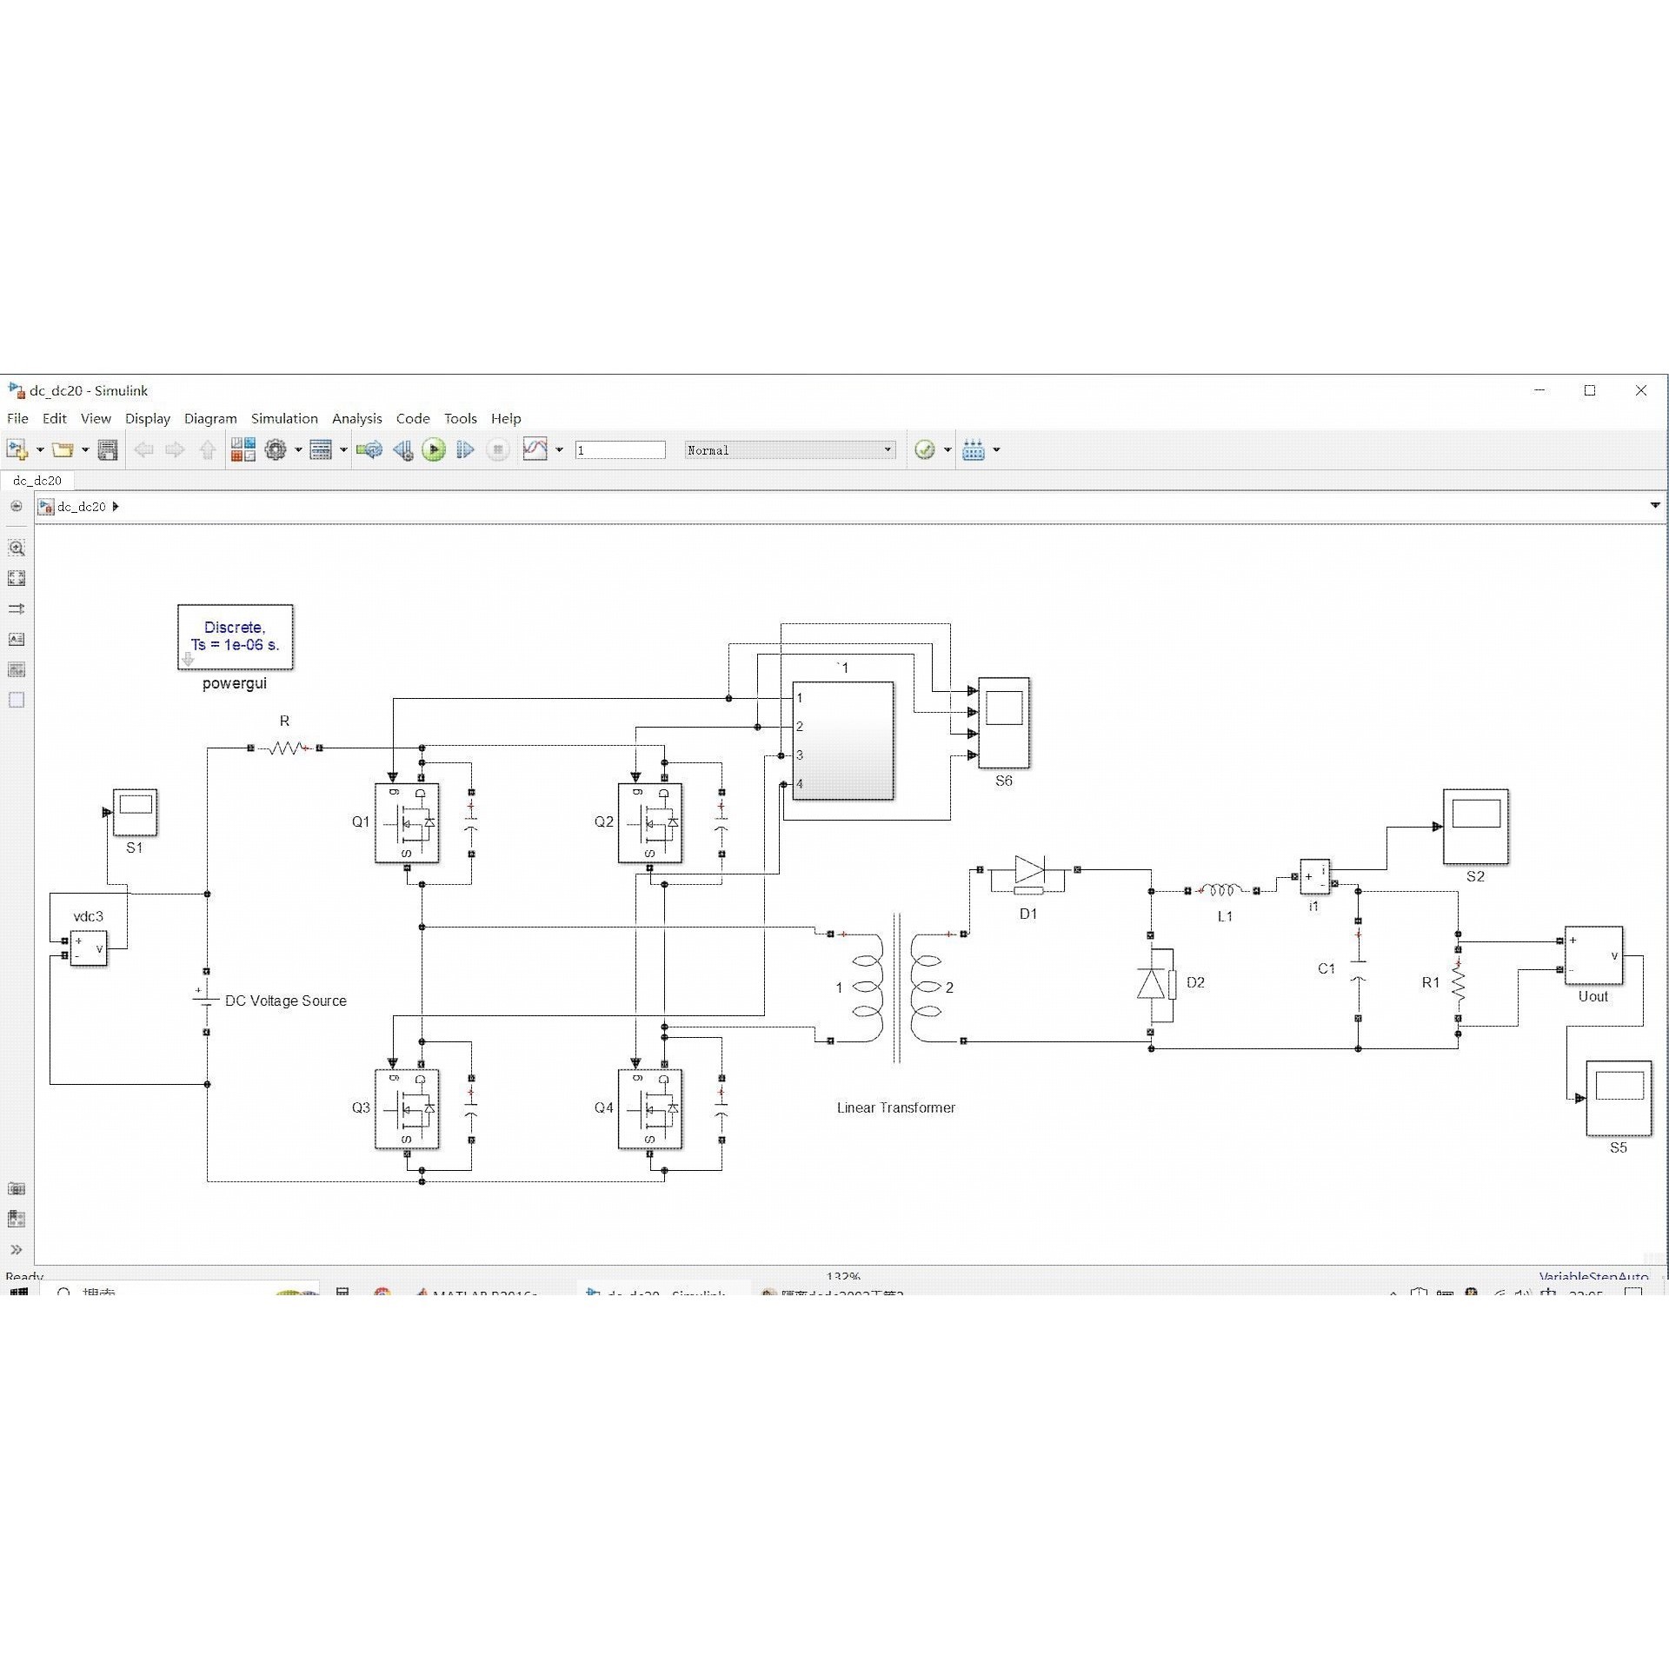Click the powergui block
(x=235, y=637)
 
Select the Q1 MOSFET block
(x=407, y=822)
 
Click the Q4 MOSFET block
(x=649, y=1108)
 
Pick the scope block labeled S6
(x=1004, y=722)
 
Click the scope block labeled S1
(x=135, y=812)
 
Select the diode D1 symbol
(x=1029, y=869)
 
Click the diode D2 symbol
(x=1152, y=983)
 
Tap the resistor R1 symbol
(x=1458, y=983)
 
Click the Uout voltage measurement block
(x=1593, y=955)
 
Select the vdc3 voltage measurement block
(x=89, y=948)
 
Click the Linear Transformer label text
(x=895, y=1107)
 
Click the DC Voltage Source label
(x=285, y=1001)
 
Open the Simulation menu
(x=284, y=418)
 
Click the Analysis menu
(x=356, y=418)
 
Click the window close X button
(x=1641, y=390)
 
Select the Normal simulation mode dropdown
(x=789, y=449)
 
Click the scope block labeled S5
(x=1618, y=1098)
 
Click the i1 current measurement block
(x=1314, y=876)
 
